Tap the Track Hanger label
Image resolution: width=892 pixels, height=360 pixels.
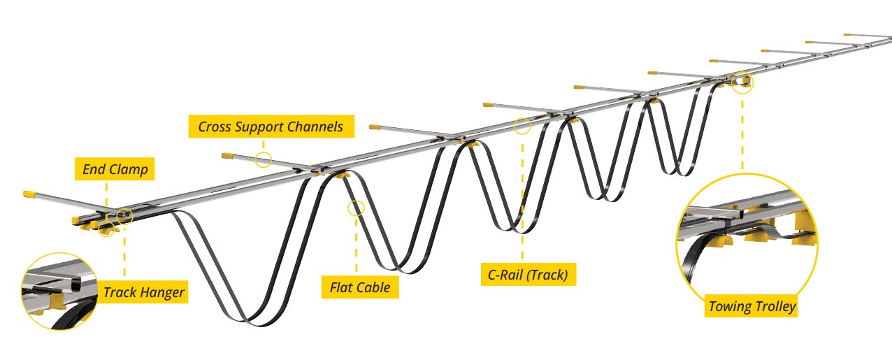(144, 292)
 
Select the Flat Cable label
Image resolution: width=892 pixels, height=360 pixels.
(359, 287)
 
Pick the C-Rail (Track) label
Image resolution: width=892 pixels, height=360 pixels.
(528, 274)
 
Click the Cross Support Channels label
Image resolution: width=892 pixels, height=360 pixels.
(271, 127)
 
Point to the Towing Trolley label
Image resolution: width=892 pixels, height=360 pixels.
(752, 306)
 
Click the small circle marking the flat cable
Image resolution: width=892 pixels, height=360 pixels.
(356, 208)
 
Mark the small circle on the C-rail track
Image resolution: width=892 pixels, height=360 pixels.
(522, 127)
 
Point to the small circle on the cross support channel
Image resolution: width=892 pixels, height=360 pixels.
(263, 159)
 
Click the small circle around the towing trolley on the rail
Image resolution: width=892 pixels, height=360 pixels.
(742, 82)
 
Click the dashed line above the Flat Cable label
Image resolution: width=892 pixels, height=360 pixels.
(356, 245)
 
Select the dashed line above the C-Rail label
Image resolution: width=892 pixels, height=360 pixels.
(522, 196)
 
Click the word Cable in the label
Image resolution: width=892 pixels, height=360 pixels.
(374, 287)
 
